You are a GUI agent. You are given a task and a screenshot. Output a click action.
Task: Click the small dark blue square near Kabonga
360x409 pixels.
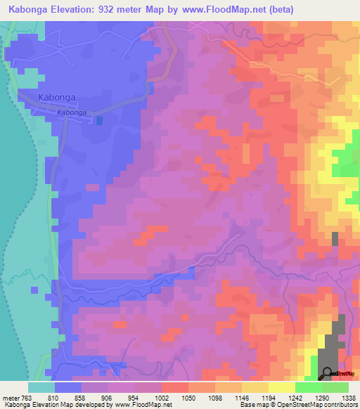(x=99, y=121)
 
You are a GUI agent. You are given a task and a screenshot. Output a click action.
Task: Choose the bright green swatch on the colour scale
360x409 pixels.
(x=307, y=387)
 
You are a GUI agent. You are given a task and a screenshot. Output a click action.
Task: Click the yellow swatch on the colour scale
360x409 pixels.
(x=281, y=387)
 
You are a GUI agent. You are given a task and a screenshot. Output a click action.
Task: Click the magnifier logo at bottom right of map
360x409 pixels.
(x=326, y=372)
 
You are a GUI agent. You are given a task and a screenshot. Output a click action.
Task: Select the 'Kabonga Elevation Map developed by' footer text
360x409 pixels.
(x=57, y=405)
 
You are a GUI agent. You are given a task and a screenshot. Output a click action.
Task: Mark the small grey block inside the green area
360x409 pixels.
(x=335, y=238)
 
